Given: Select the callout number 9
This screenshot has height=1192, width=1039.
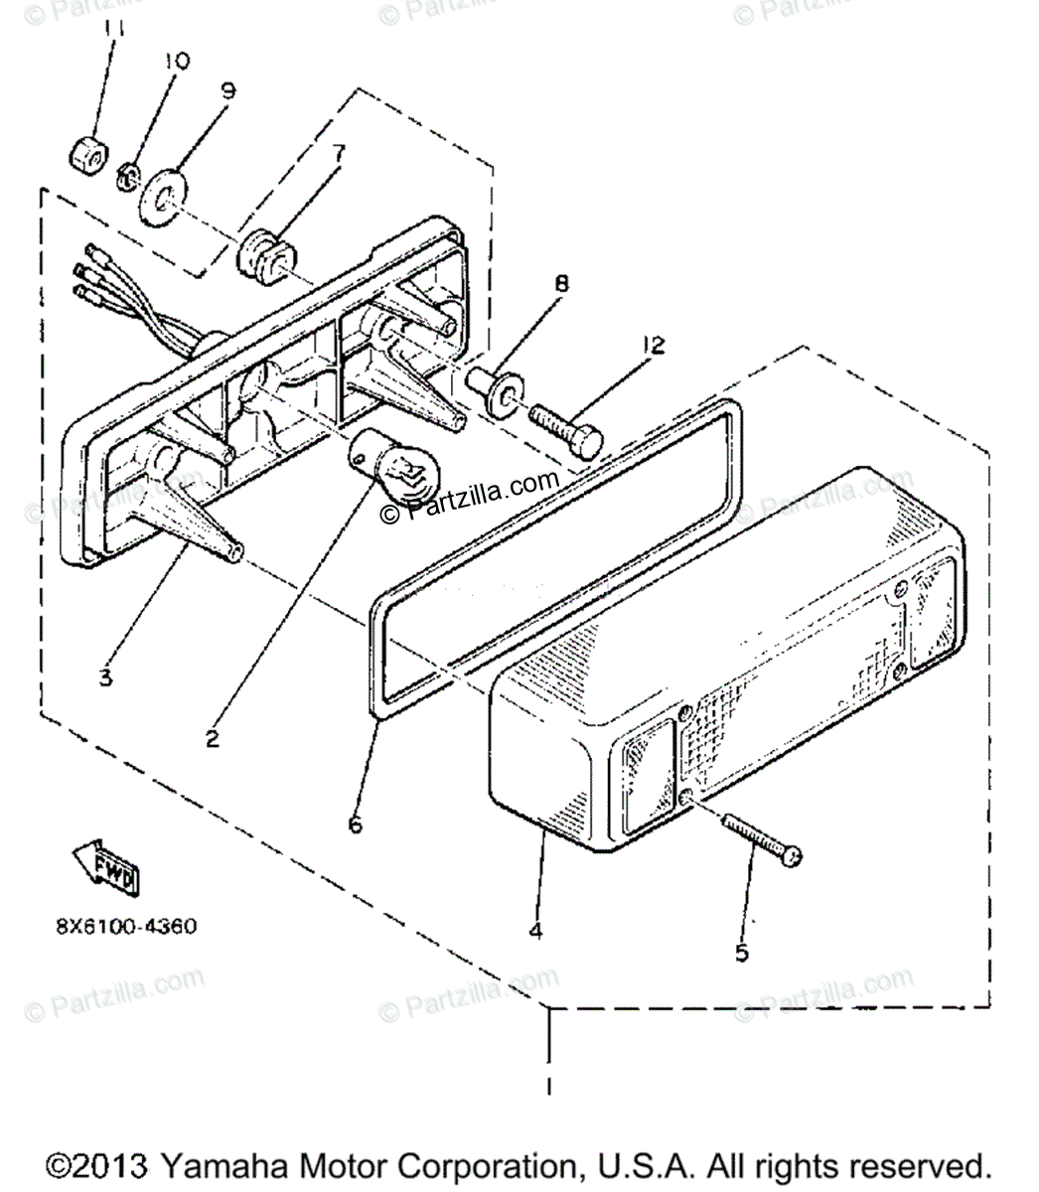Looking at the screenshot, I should click(x=227, y=91).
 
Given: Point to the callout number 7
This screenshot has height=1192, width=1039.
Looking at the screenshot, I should click(x=339, y=154).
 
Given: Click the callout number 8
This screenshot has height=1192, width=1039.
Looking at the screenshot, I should click(x=562, y=284).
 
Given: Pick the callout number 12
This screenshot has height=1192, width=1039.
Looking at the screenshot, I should click(x=653, y=346).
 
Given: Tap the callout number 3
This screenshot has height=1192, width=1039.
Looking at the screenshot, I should click(x=105, y=679).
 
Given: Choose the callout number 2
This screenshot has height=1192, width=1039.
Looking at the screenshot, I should click(x=213, y=738).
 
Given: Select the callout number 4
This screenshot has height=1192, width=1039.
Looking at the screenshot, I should click(x=535, y=931).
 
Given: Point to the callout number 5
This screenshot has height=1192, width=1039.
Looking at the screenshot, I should click(x=741, y=953).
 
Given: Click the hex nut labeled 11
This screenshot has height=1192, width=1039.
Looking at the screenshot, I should click(x=82, y=153).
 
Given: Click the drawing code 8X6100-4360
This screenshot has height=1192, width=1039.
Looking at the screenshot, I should click(x=126, y=926).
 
